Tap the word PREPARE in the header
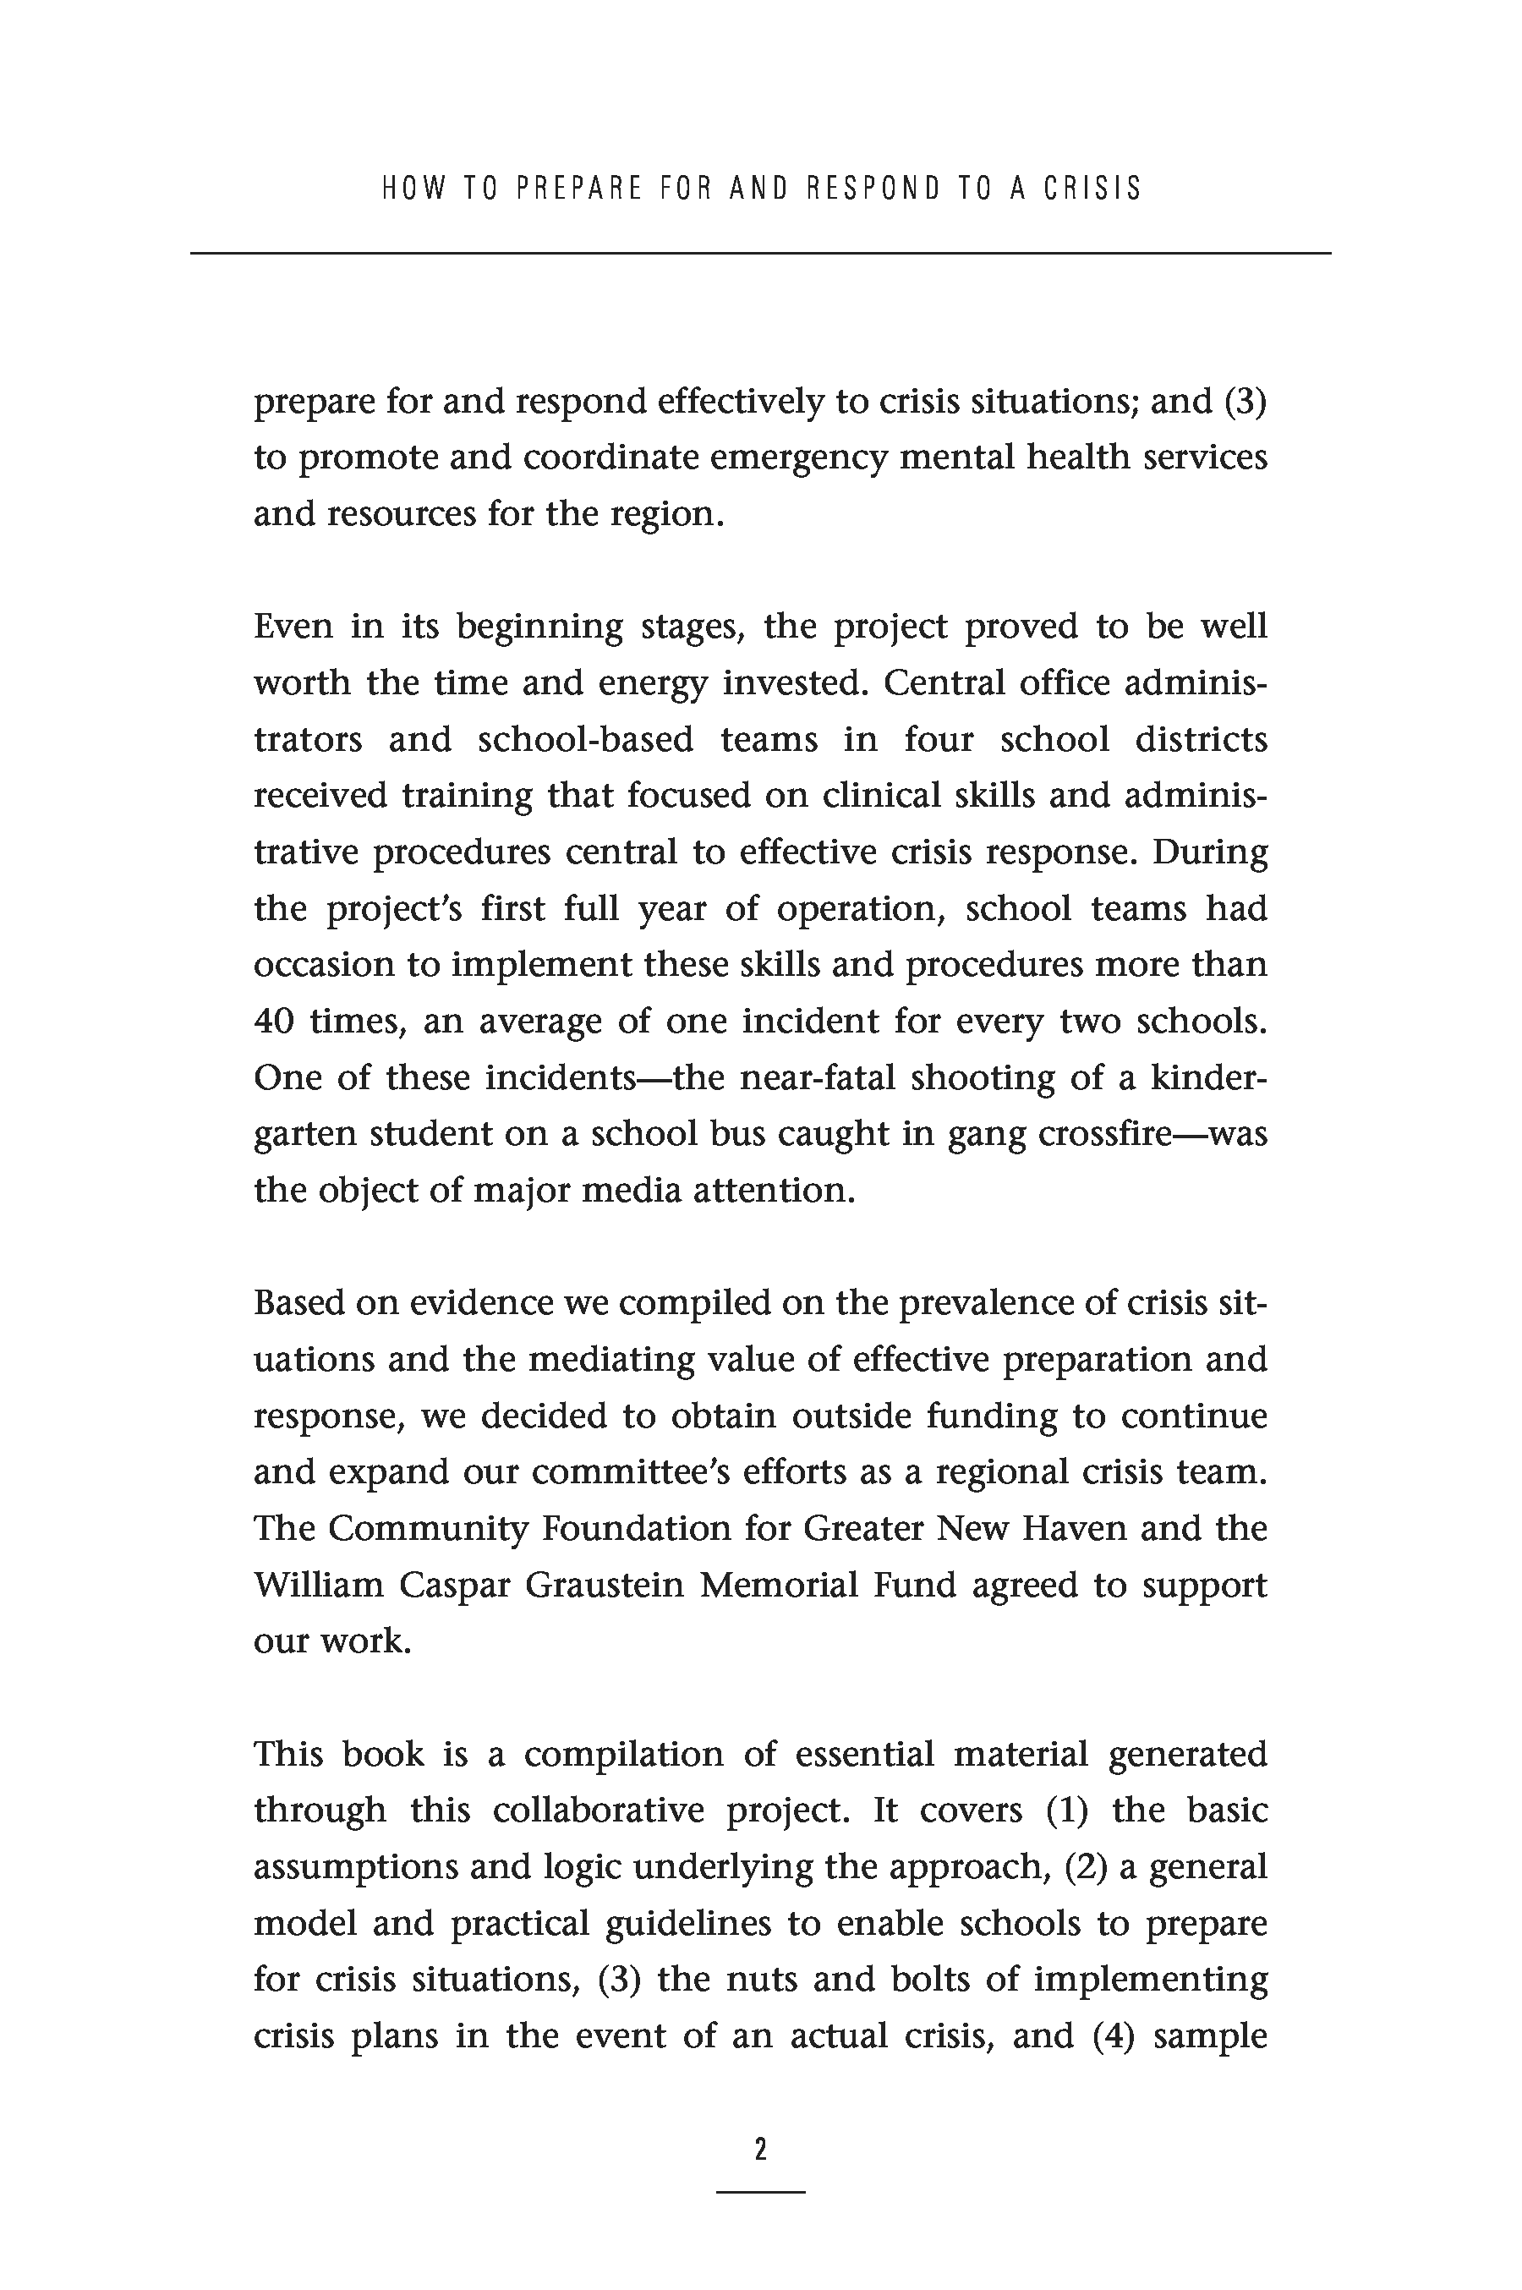coord(579,188)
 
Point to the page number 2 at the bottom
coord(760,2150)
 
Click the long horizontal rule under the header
coord(760,254)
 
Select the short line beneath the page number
coord(760,2192)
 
